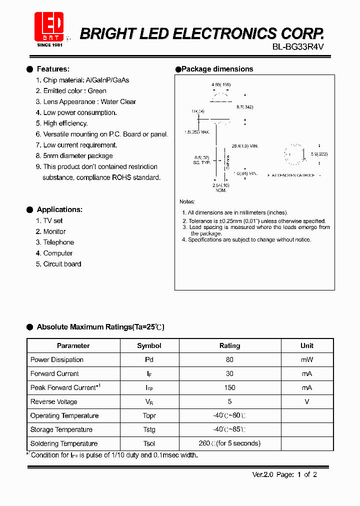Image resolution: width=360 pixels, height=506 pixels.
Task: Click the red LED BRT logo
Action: [x=48, y=27]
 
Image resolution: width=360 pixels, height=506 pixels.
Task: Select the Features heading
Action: [x=53, y=69]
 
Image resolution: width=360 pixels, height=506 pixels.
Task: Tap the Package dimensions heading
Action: [x=217, y=69]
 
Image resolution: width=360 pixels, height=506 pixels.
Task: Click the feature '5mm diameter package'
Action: [x=78, y=156]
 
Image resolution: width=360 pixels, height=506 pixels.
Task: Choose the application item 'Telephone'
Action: [x=58, y=242]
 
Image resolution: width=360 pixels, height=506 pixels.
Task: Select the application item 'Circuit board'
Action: [x=62, y=264]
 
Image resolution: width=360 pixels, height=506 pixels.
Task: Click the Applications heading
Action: [x=59, y=209]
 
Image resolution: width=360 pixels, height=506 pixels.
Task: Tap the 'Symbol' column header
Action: [x=149, y=345]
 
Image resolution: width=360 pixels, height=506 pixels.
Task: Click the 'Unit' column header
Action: [x=307, y=345]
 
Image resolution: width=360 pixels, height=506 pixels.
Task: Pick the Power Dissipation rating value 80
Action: [x=229, y=359]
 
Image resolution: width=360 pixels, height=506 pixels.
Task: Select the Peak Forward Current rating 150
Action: [x=229, y=387]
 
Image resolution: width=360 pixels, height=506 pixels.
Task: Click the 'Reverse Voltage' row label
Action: [x=54, y=401]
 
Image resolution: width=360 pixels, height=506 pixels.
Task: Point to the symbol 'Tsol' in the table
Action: [x=149, y=443]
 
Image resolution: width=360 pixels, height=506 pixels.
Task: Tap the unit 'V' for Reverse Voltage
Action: [x=307, y=401]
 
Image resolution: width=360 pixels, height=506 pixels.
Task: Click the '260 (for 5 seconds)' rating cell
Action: [x=229, y=443]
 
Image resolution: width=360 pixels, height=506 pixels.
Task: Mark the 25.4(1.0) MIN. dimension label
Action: [x=245, y=146]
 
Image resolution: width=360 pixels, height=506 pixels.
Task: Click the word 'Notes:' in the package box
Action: [x=187, y=201]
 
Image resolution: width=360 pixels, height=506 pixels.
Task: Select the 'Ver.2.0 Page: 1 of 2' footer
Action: [x=284, y=474]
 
